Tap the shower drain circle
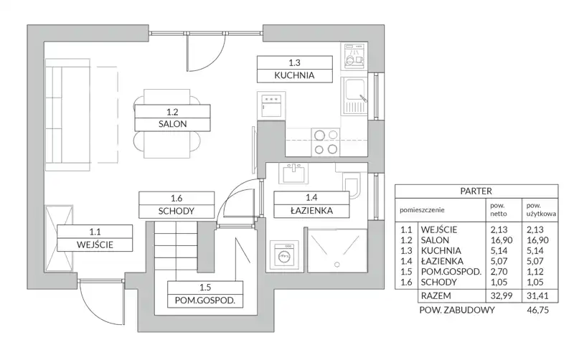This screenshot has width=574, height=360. tap(337, 264)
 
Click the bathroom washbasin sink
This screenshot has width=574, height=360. tap(293, 173)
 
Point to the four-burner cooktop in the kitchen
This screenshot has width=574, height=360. tap(326, 142)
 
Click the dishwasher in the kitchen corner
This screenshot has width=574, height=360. tap(354, 56)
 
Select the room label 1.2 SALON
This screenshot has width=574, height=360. tap(172, 118)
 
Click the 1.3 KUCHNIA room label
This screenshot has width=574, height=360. tap(295, 69)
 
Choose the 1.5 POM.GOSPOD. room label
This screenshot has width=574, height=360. tap(205, 294)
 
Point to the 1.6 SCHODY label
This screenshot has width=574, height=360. tap(177, 204)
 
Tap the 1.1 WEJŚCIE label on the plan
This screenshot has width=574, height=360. tap(95, 238)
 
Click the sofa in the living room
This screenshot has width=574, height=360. tap(67, 115)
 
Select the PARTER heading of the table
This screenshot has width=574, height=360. tap(476, 191)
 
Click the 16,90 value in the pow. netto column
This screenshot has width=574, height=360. tap(501, 240)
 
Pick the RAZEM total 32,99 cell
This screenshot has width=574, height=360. tap(501, 295)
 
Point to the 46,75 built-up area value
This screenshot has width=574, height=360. tap(537, 311)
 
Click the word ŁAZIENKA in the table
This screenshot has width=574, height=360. tap(442, 261)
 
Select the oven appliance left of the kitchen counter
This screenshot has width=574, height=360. tap(271, 105)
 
